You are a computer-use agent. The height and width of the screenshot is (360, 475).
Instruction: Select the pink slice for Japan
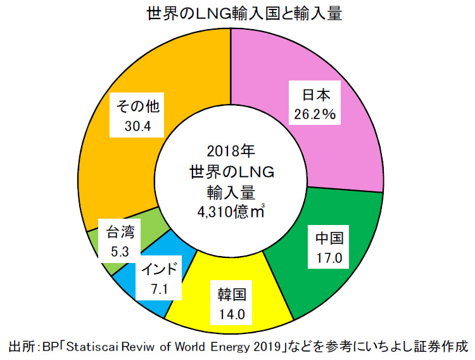tap(342, 146)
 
